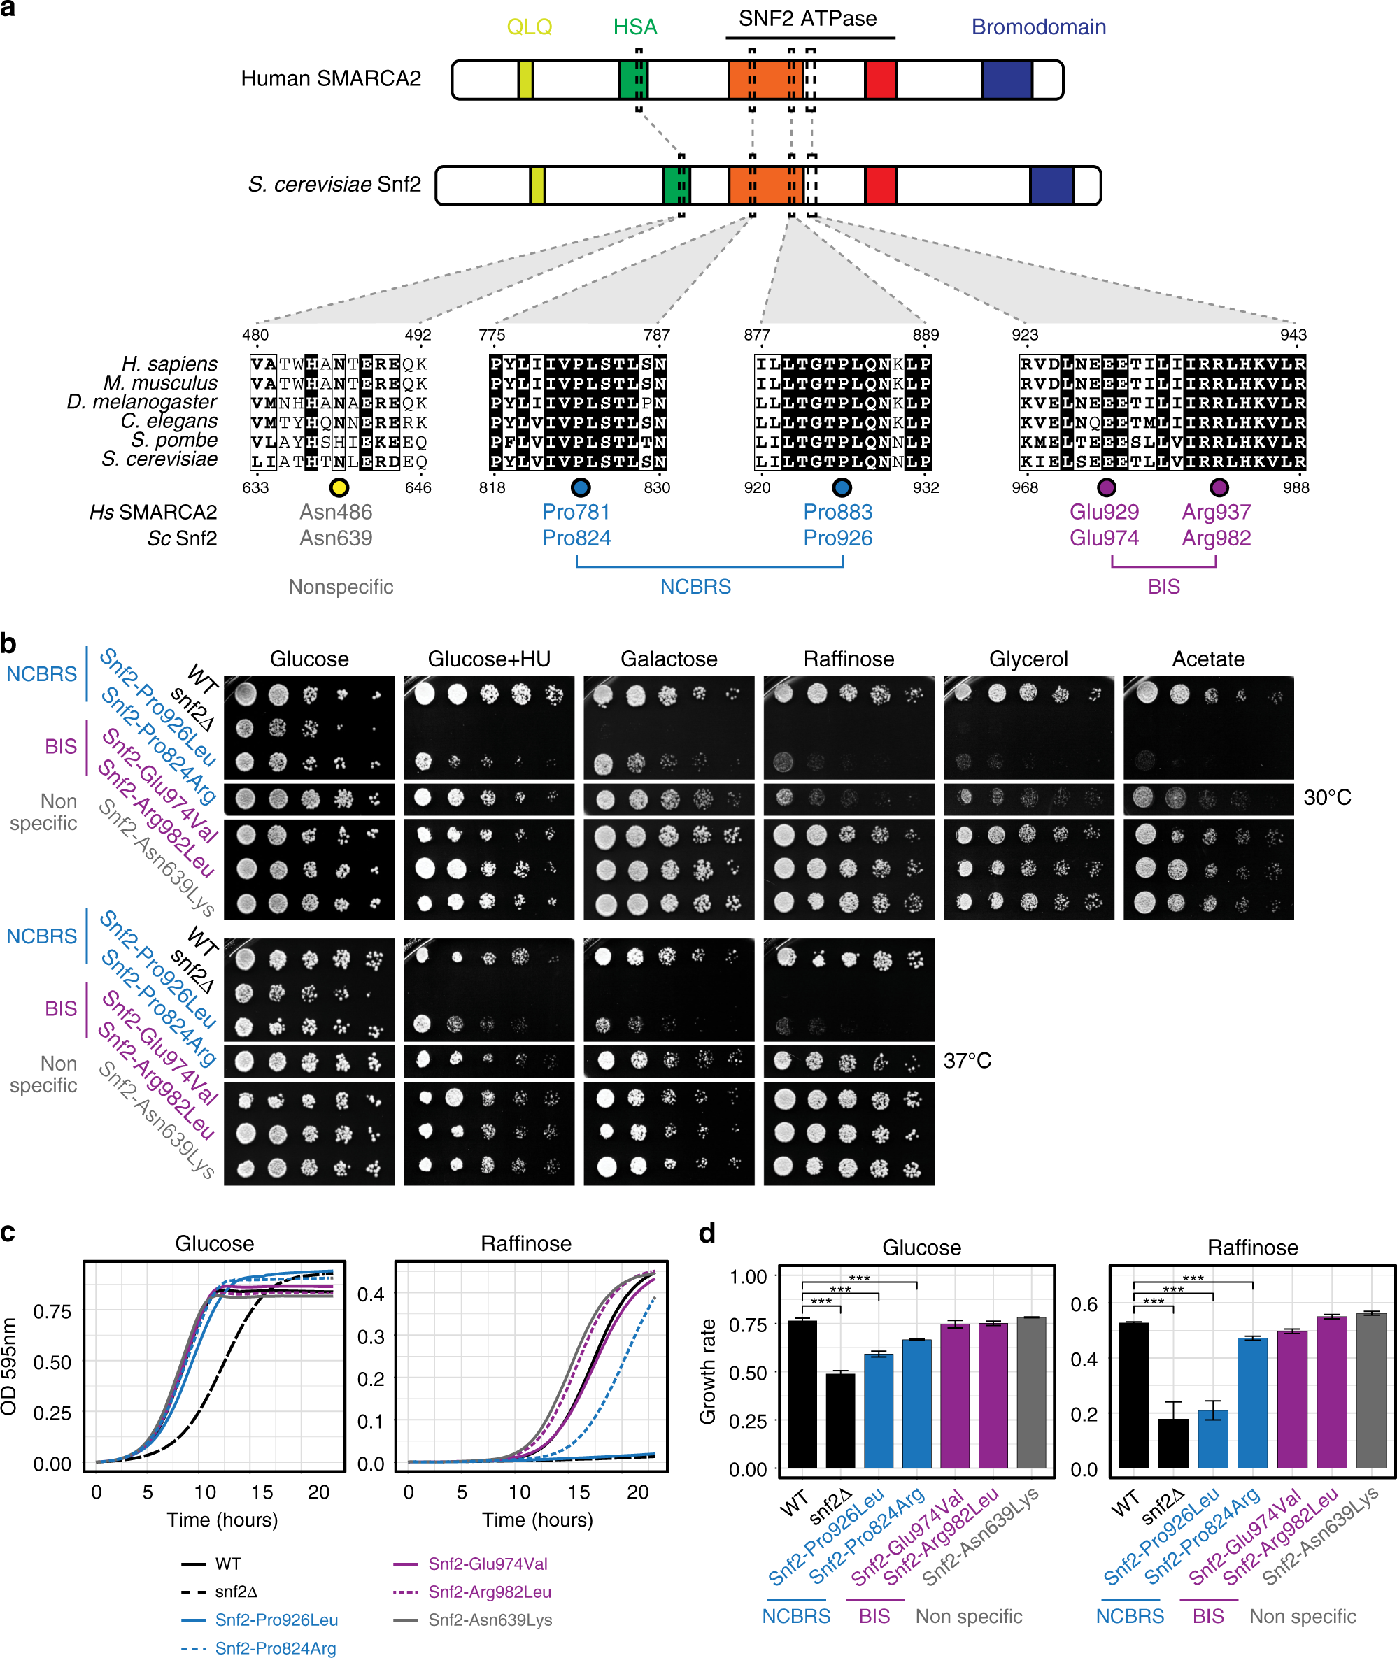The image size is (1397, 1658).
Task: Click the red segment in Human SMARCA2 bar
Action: pyautogui.click(x=880, y=80)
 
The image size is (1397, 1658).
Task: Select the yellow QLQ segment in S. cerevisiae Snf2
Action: pyautogui.click(x=537, y=185)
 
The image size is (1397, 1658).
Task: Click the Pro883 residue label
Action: pyautogui.click(x=837, y=513)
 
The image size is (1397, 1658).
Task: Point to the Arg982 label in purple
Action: pyautogui.click(x=1216, y=538)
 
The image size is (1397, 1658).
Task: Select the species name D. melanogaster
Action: pyautogui.click(x=142, y=401)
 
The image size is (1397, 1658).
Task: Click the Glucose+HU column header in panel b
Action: pyautogui.click(x=488, y=659)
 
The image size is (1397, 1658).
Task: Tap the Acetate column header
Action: pyautogui.click(x=1207, y=659)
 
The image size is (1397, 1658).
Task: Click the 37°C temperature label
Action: pyautogui.click(x=967, y=1060)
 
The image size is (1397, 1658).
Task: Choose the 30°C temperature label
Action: pyautogui.click(x=1326, y=797)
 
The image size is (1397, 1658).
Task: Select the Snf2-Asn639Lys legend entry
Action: pyautogui.click(x=490, y=1620)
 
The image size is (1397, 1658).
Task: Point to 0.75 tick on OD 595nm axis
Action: pyautogui.click(x=52, y=1311)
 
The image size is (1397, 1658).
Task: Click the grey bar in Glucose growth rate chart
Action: pyautogui.click(x=1031, y=1393)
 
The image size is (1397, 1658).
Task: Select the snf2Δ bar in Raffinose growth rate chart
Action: pyautogui.click(x=1173, y=1443)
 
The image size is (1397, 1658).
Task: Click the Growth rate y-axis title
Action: pyautogui.click(x=707, y=1371)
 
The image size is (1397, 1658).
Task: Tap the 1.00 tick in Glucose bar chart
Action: pyautogui.click(x=748, y=1276)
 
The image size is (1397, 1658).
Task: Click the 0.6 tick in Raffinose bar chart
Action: pyautogui.click(x=1084, y=1304)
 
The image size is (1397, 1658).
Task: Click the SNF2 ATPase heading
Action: pyautogui.click(x=807, y=19)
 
